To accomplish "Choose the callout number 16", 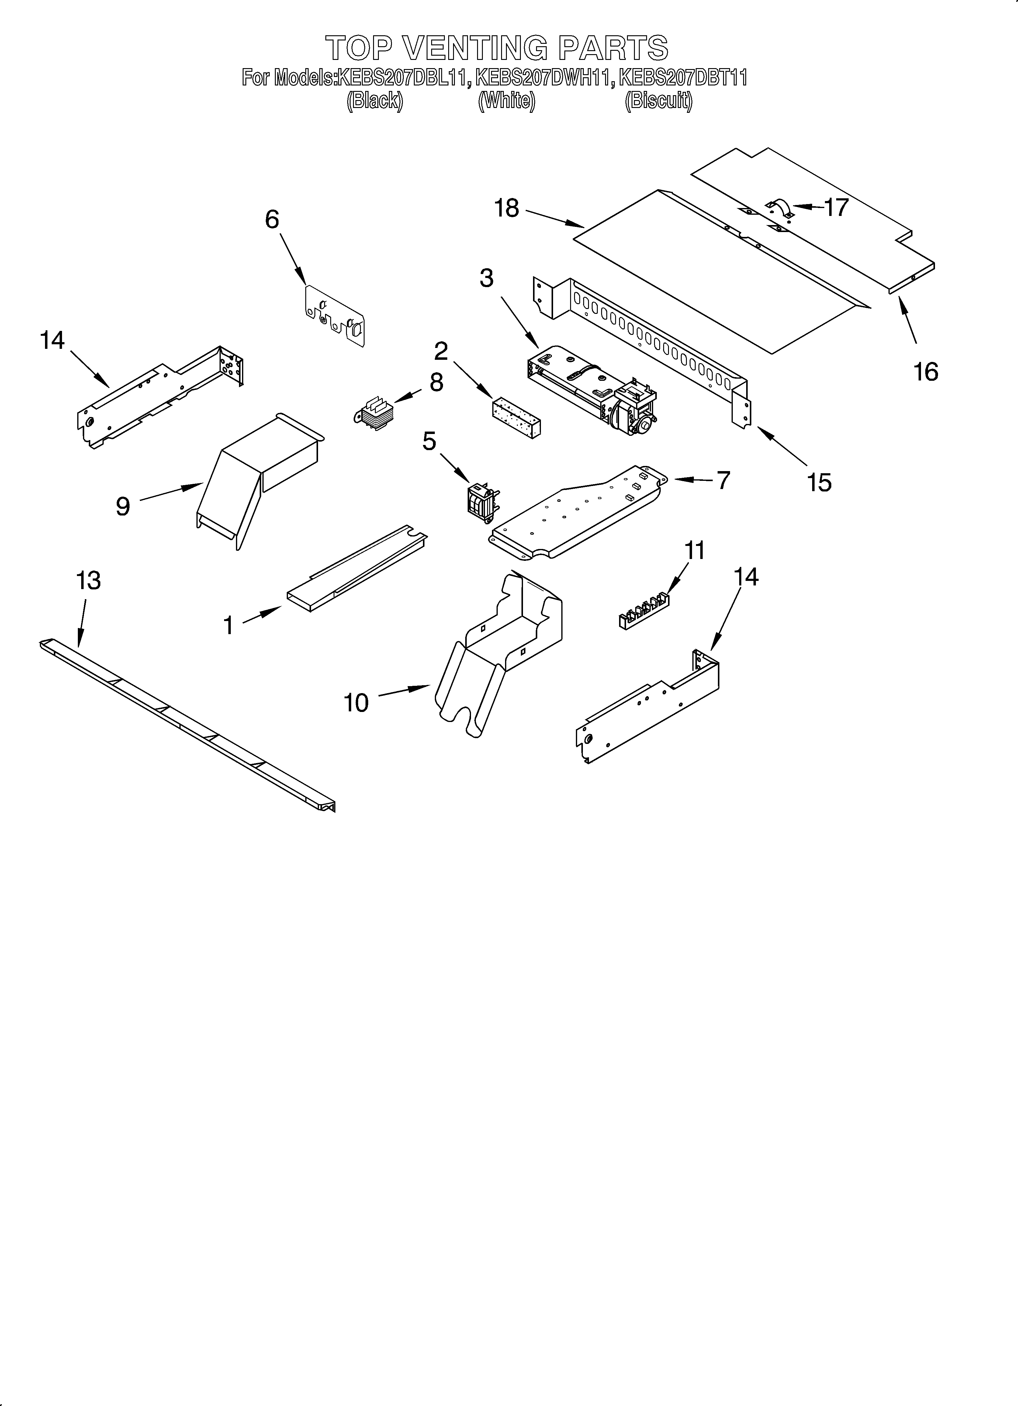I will (926, 372).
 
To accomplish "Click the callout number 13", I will (88, 581).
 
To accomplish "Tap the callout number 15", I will (819, 482).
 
